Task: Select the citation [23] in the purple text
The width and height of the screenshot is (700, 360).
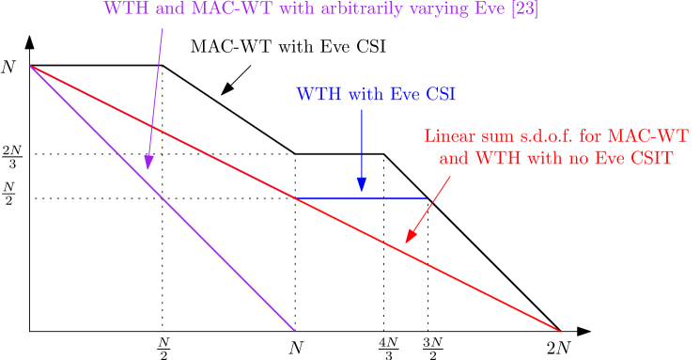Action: coord(522,10)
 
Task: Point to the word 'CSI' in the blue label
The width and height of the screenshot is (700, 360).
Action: coord(439,95)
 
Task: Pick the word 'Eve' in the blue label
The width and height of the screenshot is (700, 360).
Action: coord(401,95)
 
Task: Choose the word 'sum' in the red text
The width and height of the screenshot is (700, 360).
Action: coord(494,137)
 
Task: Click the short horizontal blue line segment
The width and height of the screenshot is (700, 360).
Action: coord(362,199)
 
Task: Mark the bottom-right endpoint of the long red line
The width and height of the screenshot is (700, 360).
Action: coord(560,331)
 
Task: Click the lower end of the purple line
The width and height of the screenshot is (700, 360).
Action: coord(294,330)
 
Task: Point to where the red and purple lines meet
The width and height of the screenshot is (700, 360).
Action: coord(30,66)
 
